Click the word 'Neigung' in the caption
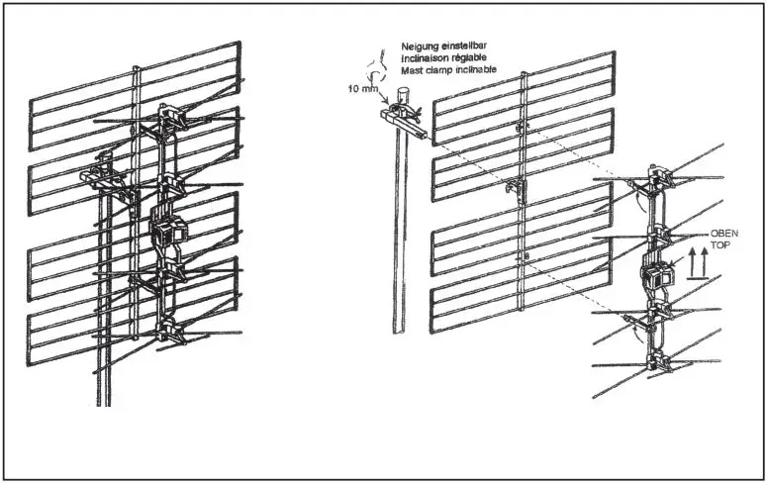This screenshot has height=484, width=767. [420, 47]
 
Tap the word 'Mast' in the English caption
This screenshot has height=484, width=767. [411, 70]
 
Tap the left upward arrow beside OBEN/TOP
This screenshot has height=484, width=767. [693, 264]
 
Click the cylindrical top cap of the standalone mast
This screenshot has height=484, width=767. [402, 96]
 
